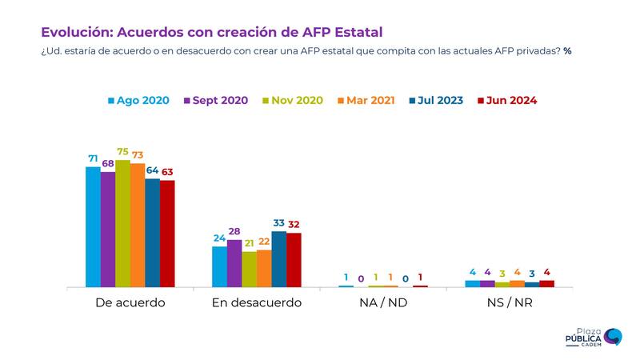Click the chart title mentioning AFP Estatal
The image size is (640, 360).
(x=212, y=32)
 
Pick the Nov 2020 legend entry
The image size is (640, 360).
(x=291, y=101)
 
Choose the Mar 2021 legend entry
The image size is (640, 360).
(x=366, y=101)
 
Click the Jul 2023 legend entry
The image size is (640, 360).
(x=438, y=101)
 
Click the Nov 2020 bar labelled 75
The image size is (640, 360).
(x=122, y=223)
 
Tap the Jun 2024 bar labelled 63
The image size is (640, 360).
(x=167, y=234)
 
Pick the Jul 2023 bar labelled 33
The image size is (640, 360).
(x=279, y=258)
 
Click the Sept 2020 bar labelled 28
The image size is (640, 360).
(x=234, y=263)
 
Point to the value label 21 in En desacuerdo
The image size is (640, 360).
(x=249, y=243)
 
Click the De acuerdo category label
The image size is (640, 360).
(x=130, y=303)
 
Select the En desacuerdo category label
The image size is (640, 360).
(x=256, y=303)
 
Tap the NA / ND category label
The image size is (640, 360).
(x=383, y=303)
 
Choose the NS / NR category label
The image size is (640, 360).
(x=510, y=303)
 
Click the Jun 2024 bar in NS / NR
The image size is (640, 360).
(x=546, y=283)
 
